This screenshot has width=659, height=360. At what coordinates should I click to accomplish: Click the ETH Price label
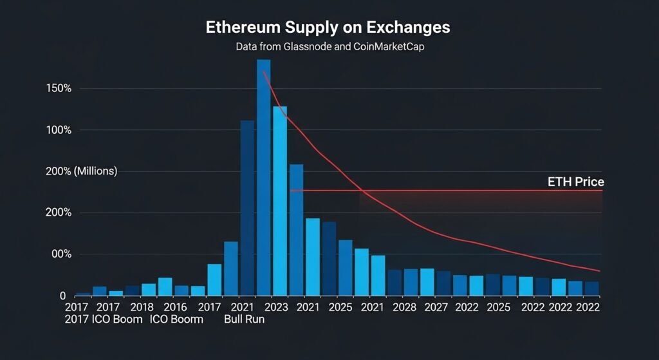(x=575, y=182)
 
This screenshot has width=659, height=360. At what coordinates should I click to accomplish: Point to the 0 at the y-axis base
(x=63, y=296)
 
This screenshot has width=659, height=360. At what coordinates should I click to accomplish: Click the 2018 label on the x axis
(x=142, y=308)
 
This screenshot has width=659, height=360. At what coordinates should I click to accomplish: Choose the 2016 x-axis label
(x=176, y=308)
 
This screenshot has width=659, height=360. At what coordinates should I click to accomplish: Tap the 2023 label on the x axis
(x=276, y=308)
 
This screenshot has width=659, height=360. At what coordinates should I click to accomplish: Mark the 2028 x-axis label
(x=405, y=308)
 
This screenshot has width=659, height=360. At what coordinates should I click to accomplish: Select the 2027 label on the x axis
(x=436, y=308)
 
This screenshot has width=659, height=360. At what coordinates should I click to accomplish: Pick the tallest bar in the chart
(x=264, y=177)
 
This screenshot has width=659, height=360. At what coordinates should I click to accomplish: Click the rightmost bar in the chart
(x=591, y=288)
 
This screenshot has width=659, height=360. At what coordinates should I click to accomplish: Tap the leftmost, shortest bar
(x=83, y=293)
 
